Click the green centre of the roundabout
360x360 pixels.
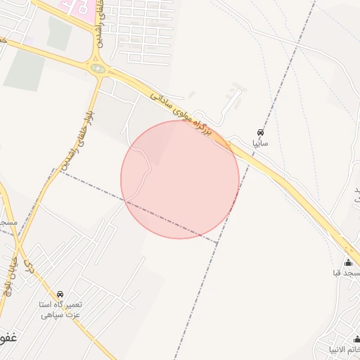[97, 69]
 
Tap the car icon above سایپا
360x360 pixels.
[260, 133]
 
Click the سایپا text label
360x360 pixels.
[260, 143]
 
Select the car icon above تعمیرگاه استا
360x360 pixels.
[60, 294]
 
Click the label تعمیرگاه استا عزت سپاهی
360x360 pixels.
[60, 309]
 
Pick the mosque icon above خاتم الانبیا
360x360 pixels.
[355, 339]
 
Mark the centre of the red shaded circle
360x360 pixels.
[180, 179]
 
